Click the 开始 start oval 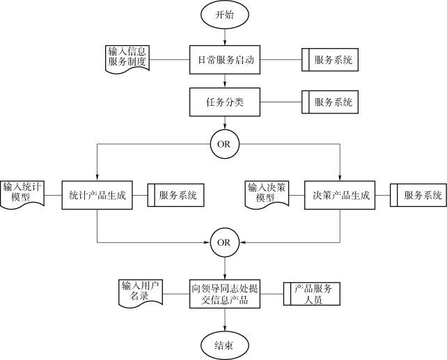tap(225, 14)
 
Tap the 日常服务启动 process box tap(225, 60)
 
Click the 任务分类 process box tap(225, 102)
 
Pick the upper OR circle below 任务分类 tap(225, 144)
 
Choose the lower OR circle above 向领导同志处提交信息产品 tap(225, 242)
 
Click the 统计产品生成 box tap(97, 195)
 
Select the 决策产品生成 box tap(340, 195)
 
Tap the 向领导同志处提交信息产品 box tap(225, 294)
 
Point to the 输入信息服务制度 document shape tap(127, 59)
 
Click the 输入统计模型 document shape tap(22, 195)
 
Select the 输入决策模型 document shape tap(267, 195)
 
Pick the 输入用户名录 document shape tap(141, 293)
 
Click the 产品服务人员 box tap(312, 294)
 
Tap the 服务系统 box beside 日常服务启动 tap(330, 60)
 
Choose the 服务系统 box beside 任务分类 tap(330, 102)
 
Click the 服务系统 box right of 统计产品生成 tap(176, 195)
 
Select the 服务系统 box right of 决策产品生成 tap(418, 195)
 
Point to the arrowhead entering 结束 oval tap(225, 329)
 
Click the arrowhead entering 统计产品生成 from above tap(97, 178)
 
